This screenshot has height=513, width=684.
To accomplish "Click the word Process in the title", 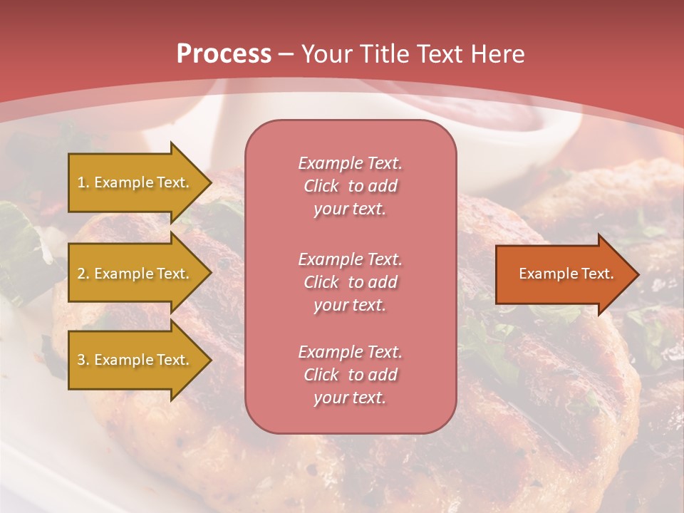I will pos(224,54).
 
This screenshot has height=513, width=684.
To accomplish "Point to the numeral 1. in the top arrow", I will pos(83,182).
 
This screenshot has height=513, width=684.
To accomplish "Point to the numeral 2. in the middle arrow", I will pos(83,274).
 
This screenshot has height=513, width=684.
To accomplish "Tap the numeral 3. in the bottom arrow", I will pos(83,360).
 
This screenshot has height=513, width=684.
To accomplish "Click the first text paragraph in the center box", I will pos(351,186).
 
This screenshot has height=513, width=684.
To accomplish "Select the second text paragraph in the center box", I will pos(351,282).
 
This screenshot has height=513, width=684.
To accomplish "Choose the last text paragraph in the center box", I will pos(351,375).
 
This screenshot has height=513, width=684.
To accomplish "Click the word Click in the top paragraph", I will pos(321,186).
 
